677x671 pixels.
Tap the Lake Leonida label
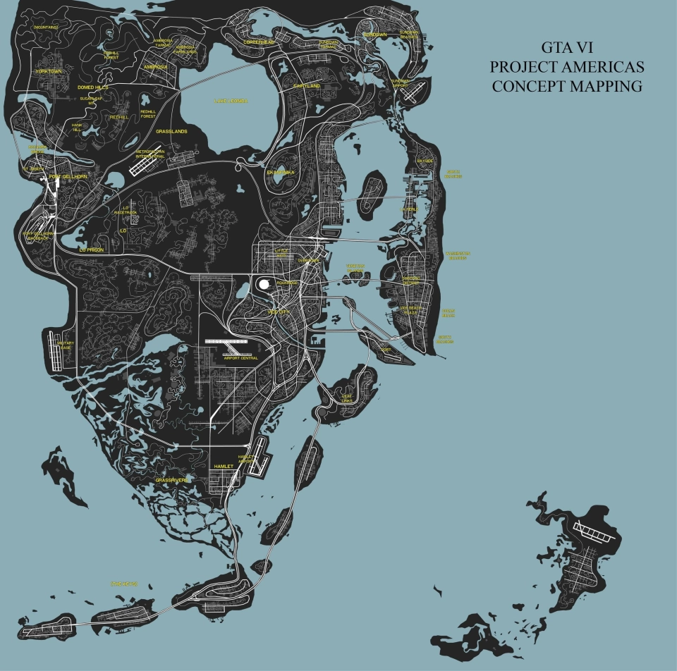coord(231,101)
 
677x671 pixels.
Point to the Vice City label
coord(279,311)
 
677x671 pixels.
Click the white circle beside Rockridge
coord(264,283)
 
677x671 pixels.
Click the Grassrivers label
coord(172,480)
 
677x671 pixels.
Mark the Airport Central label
coord(241,358)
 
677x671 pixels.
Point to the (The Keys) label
coord(123,584)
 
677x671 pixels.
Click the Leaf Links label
coord(347,399)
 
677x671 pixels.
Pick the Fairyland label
coord(307,86)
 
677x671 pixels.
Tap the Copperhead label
coord(258,42)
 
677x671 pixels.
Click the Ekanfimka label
coord(281,172)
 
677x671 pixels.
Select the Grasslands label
coord(171,131)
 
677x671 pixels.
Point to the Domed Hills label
coord(93,87)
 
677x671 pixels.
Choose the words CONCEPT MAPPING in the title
coord(567,87)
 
